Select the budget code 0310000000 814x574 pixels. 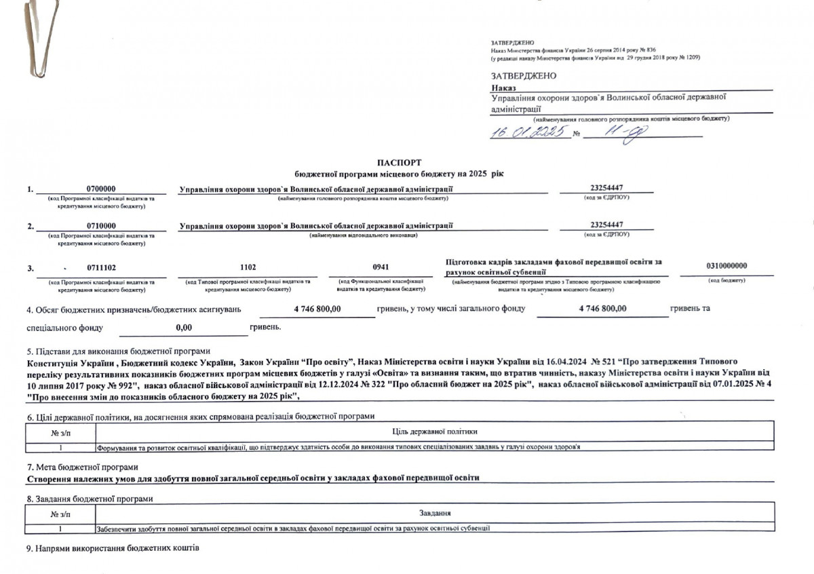726,265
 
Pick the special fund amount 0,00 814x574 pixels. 184,328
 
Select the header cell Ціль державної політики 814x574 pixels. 434,432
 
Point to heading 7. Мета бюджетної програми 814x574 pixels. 82,467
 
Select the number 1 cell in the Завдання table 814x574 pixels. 60,527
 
